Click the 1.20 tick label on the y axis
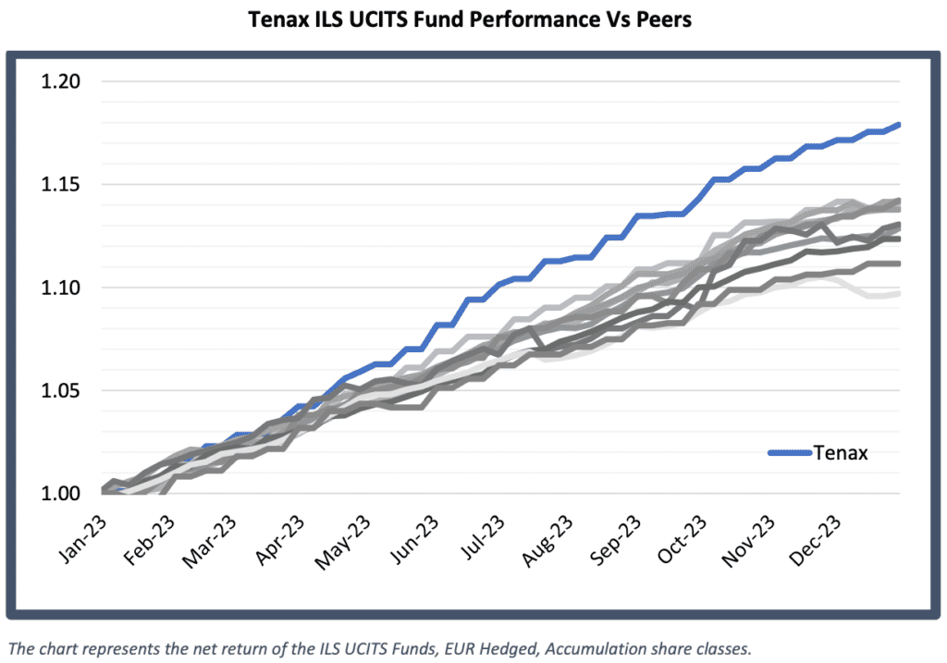tap(61, 81)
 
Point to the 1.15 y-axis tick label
tap(61, 185)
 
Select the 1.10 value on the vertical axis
tap(61, 288)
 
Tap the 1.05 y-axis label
tap(61, 391)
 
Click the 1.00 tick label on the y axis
tap(61, 494)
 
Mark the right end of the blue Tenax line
tap(900, 124)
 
